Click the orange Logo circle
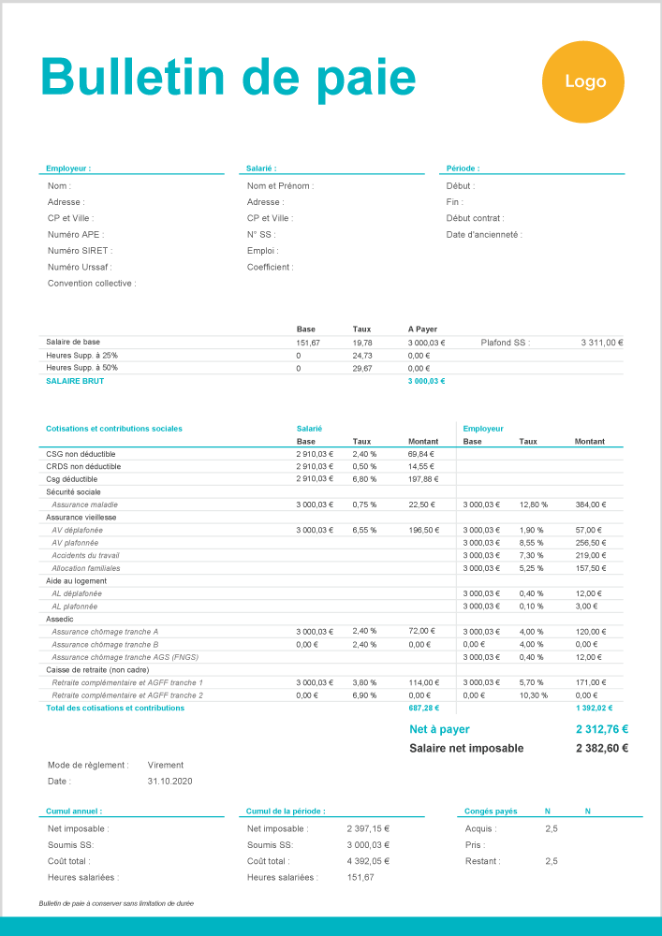tap(585, 81)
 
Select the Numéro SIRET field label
tap(80, 251)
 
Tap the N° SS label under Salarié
tap(259, 234)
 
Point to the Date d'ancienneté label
tap(484, 234)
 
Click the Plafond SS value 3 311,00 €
tap(602, 343)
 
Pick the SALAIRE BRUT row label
tap(76, 381)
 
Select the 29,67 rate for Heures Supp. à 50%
tap(362, 368)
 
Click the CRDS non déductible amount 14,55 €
tap(421, 466)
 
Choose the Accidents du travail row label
tap(85, 555)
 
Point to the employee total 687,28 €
tap(426, 708)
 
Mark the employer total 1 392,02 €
tap(593, 708)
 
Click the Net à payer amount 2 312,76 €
tap(601, 729)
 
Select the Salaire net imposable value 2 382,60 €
tap(601, 748)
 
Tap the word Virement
tap(166, 765)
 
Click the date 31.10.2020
tap(169, 781)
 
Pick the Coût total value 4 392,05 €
tap(368, 861)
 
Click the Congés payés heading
tap(491, 811)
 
